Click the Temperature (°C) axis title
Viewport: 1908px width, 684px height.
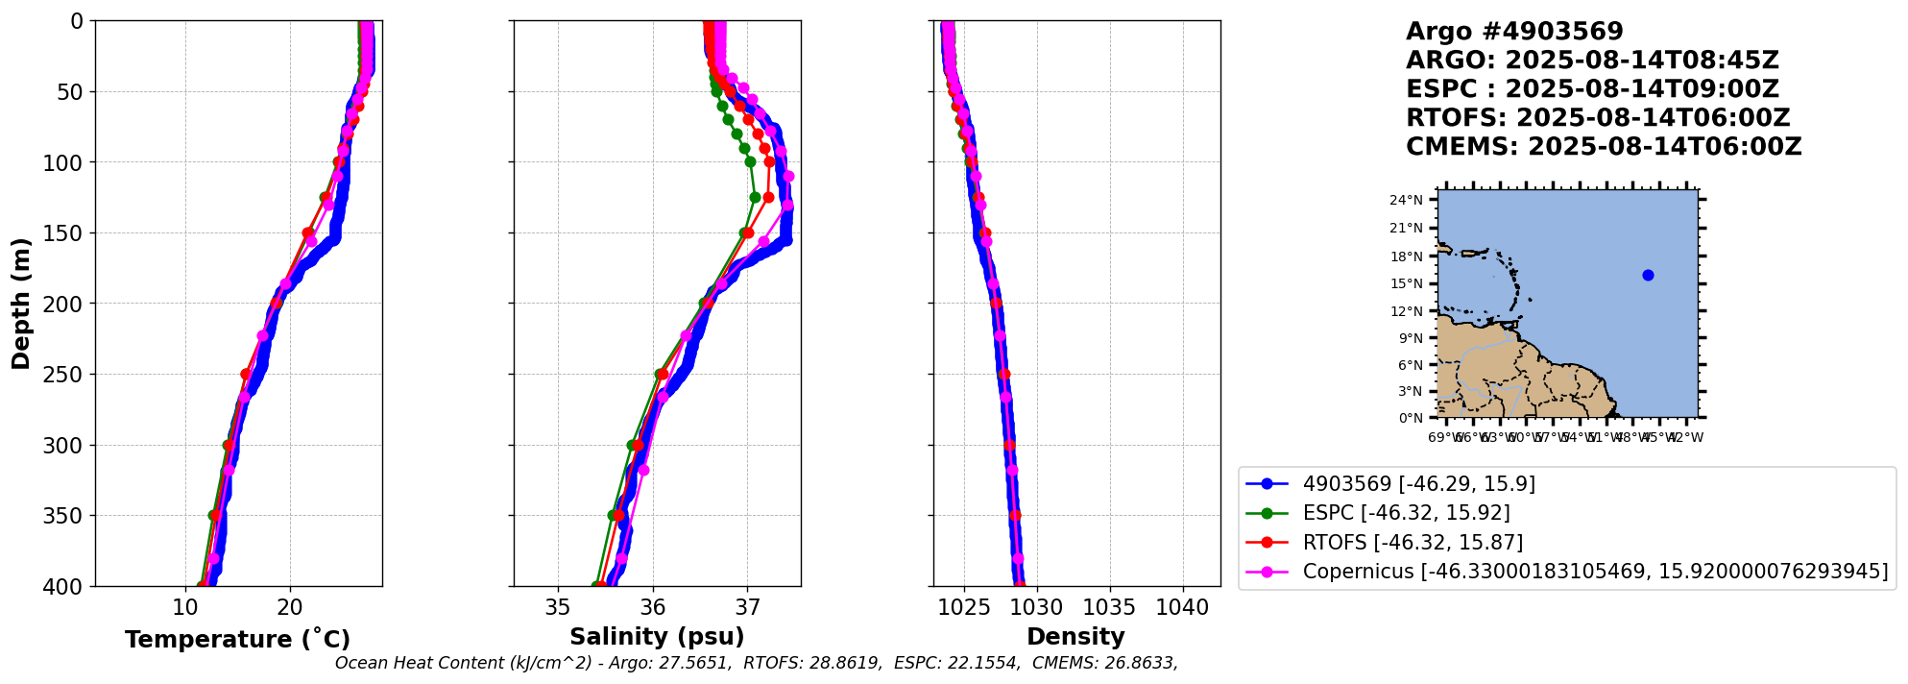[x=237, y=640]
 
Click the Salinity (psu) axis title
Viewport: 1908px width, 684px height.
[x=657, y=637]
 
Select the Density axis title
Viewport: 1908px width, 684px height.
[x=1075, y=637]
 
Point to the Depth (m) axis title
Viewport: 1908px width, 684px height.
[x=21, y=304]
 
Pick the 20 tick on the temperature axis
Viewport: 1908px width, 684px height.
[x=290, y=607]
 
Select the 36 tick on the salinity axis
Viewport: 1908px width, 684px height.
[x=653, y=607]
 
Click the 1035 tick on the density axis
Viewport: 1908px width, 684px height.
[x=1109, y=607]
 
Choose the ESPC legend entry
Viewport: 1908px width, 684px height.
[x=1406, y=513]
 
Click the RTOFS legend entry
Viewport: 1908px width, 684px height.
[x=1413, y=543]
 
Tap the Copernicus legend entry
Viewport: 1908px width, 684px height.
[x=1594, y=572]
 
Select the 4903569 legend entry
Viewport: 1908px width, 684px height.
[x=1418, y=484]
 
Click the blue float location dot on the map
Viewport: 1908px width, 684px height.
[x=1648, y=276]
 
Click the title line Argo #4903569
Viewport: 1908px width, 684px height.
[x=1514, y=32]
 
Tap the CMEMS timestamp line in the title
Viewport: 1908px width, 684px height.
[x=1604, y=147]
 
